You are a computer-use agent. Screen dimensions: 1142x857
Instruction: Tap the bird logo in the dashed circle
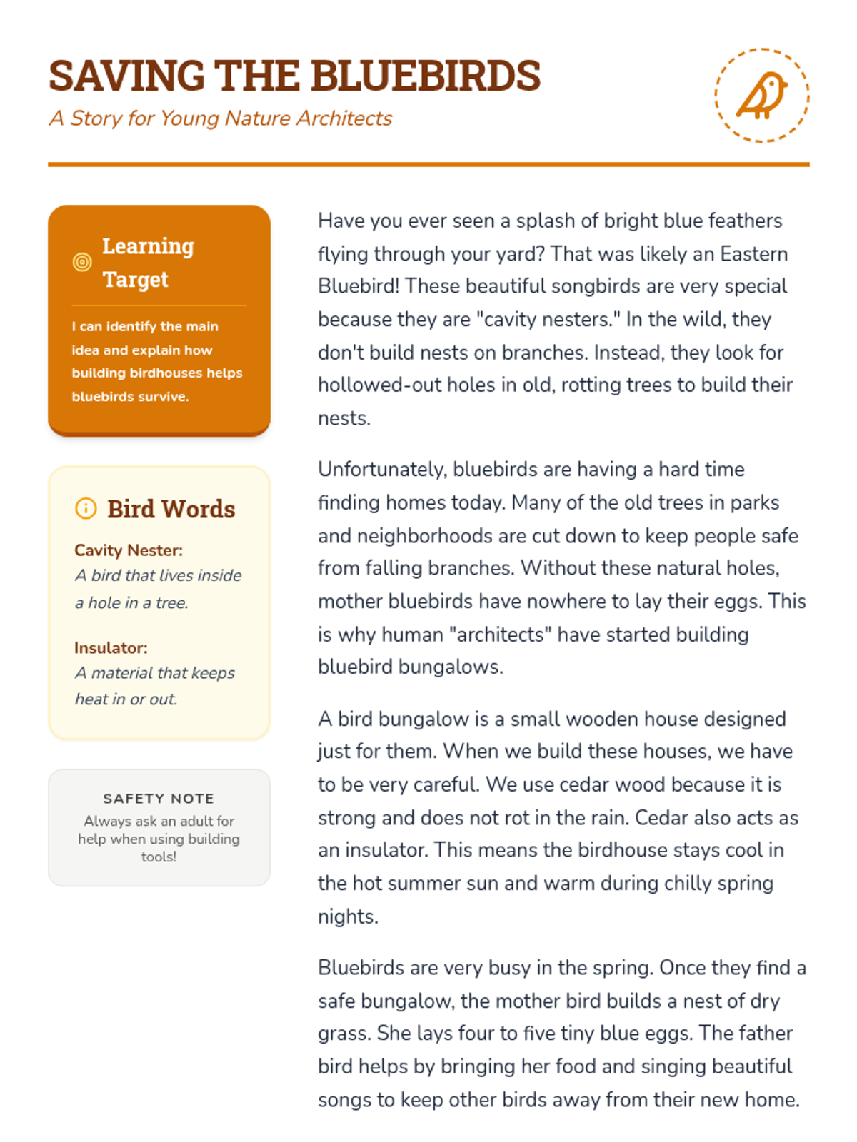(762, 95)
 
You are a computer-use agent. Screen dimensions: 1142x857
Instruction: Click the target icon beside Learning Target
(83, 262)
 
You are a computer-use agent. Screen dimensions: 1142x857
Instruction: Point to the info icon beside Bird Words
(86, 508)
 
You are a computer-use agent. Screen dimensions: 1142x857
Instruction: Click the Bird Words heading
(171, 509)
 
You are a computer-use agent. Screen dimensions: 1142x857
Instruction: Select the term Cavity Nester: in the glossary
(129, 550)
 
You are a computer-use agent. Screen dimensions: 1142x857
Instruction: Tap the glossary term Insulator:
(111, 647)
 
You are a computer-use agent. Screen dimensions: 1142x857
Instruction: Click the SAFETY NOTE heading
(159, 798)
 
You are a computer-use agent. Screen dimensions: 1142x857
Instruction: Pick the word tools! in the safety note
(159, 856)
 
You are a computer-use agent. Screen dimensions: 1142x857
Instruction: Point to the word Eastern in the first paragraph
(753, 253)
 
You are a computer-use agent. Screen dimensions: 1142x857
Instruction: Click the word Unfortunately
(382, 469)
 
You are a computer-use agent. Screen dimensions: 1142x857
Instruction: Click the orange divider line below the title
(428, 164)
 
